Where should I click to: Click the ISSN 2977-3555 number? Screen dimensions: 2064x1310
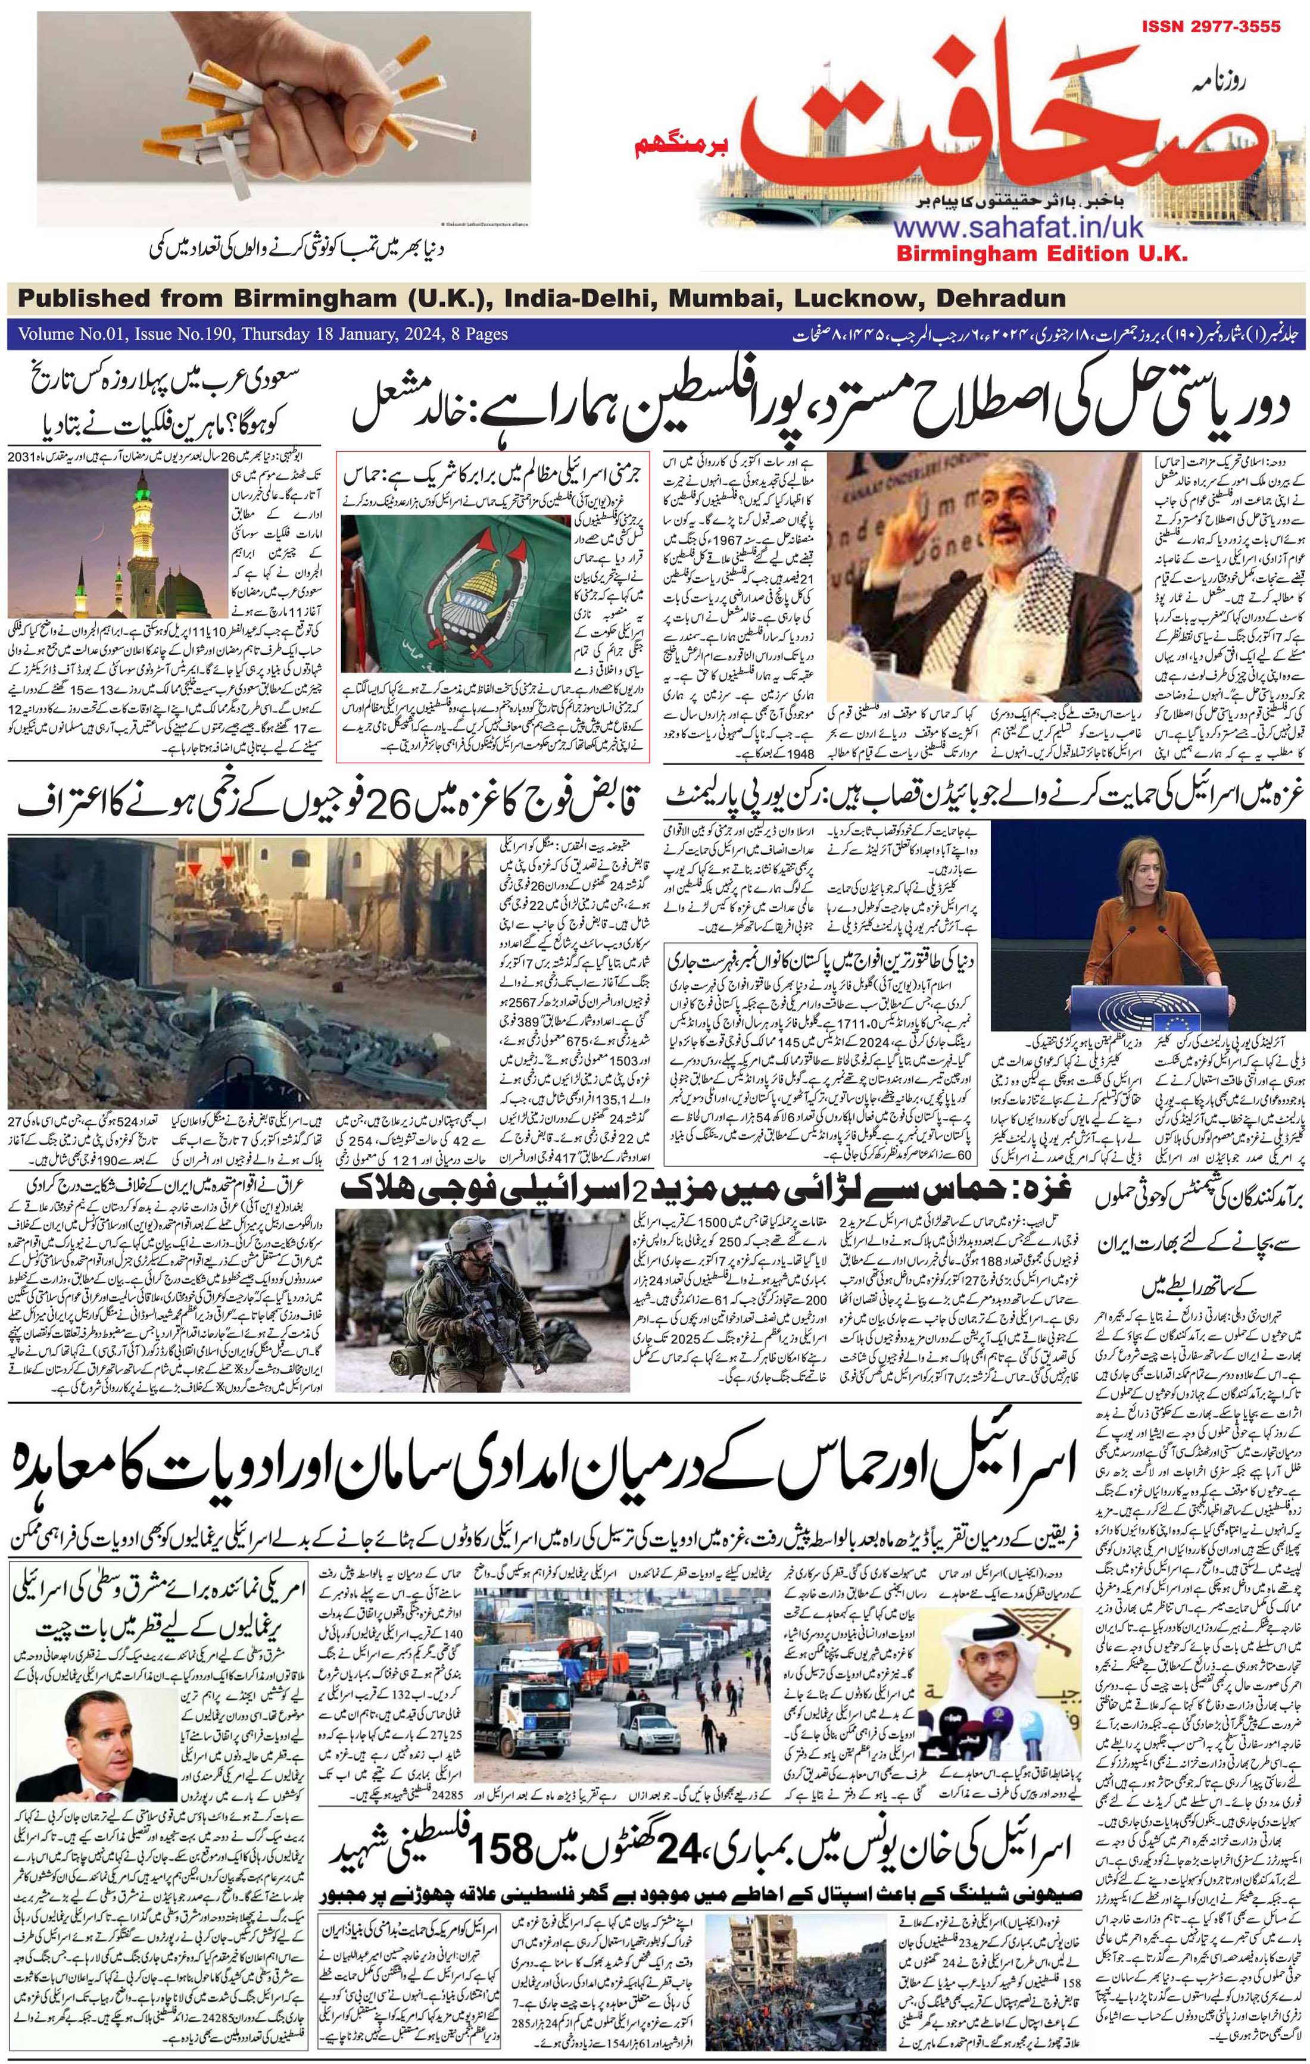click(1211, 27)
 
